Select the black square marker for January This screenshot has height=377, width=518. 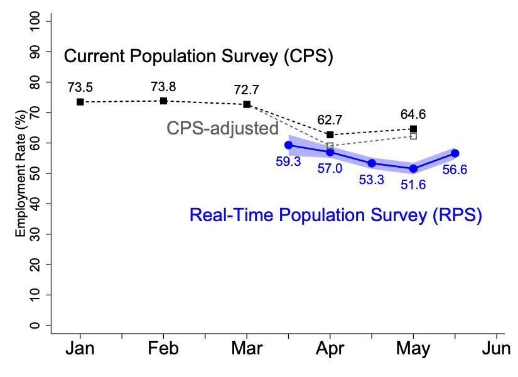(80, 102)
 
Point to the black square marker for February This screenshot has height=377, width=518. (163, 101)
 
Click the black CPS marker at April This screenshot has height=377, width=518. (330, 134)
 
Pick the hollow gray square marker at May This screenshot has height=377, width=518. (413, 136)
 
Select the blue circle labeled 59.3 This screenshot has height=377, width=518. (288, 145)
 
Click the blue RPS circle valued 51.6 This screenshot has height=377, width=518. (413, 168)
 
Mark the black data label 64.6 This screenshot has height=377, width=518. (413, 114)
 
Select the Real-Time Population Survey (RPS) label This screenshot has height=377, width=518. (335, 216)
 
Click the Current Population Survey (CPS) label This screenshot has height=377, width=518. (198, 57)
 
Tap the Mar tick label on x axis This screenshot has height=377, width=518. (246, 348)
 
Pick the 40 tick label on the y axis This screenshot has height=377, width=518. (35, 204)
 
